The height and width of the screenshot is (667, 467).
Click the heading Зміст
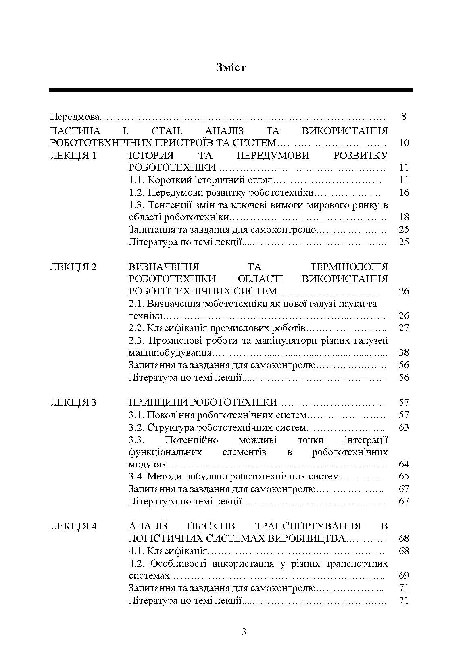point(231,67)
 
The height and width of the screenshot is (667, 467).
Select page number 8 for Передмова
point(404,117)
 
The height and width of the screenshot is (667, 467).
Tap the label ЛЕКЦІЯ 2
point(73,267)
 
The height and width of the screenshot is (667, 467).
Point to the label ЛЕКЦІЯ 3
point(73,402)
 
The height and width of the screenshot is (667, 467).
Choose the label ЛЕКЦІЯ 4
point(73,526)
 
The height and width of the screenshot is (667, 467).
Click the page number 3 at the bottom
point(244,632)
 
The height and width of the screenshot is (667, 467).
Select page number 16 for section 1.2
point(404,192)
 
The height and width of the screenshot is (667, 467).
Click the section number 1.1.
point(136,180)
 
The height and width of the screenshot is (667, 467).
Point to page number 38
point(404,352)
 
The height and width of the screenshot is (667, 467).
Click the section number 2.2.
point(136,328)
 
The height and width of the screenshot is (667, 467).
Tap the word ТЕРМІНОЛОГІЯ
point(349,267)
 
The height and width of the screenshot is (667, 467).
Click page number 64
point(404,464)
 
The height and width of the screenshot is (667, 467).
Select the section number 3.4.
point(136,477)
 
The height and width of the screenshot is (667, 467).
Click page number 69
point(404,575)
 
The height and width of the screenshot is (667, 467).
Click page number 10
point(404,143)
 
